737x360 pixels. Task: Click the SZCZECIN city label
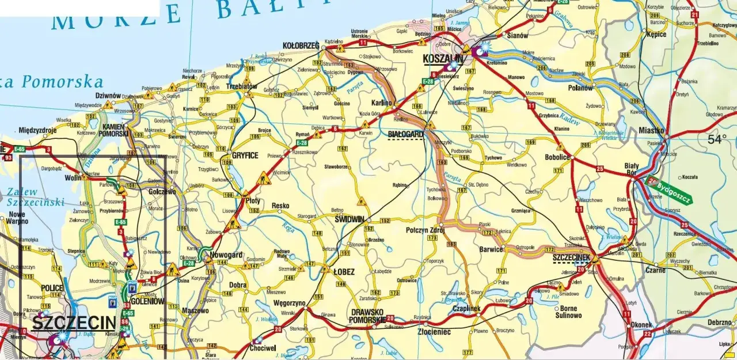point(73,323)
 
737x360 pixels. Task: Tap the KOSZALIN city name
point(443,59)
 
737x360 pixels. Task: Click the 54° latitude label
point(717,139)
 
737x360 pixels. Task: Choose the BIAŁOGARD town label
point(406,134)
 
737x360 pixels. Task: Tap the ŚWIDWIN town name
point(350,219)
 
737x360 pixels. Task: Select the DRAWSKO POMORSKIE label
point(368,316)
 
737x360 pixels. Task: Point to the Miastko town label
point(651,131)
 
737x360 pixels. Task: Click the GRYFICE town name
point(245,156)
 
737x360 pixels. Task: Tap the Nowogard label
point(227,255)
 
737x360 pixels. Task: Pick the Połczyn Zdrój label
point(426,230)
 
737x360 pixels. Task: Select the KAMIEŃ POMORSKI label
point(115,130)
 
